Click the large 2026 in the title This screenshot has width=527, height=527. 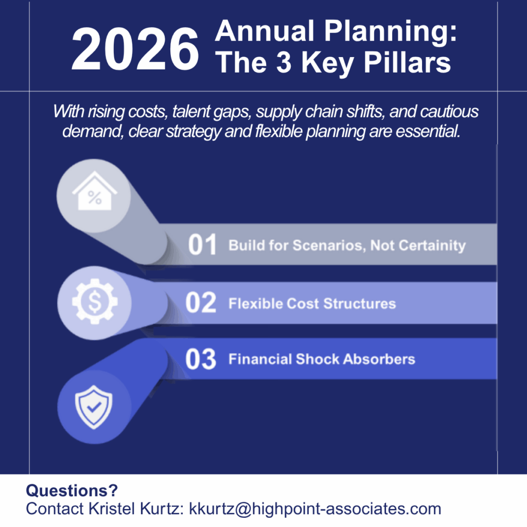[135, 49]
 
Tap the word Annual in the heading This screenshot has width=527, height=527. [265, 31]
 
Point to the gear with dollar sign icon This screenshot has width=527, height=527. [95, 302]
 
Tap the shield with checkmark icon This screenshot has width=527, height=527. [94, 407]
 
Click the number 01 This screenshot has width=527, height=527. [202, 244]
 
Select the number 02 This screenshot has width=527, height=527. [201, 303]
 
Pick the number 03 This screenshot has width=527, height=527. [201, 359]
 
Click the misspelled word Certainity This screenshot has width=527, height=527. [432, 245]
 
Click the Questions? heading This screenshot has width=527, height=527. [72, 490]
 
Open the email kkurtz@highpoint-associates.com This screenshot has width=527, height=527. [315, 509]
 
